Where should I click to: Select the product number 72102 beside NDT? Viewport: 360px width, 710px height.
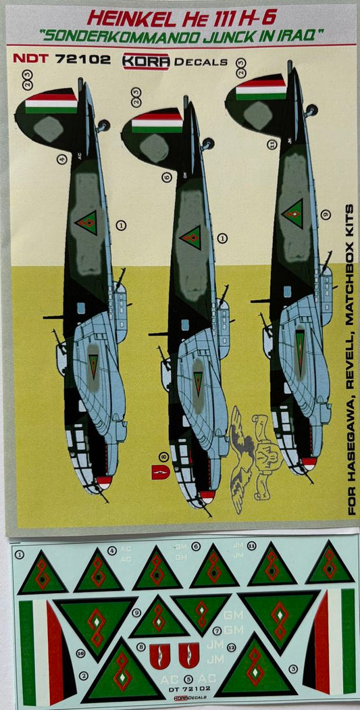(79, 59)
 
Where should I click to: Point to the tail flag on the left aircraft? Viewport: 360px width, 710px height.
(51, 103)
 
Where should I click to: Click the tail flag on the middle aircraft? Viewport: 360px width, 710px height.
(157, 123)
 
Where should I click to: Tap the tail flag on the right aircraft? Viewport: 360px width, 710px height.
(261, 89)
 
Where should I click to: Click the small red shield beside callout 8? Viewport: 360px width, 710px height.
(159, 472)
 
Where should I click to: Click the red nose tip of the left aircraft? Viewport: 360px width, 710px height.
(103, 482)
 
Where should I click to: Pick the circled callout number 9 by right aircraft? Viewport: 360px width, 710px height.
(326, 215)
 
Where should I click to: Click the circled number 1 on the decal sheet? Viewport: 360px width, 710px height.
(19, 555)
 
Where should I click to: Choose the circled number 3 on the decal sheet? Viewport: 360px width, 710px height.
(293, 669)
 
